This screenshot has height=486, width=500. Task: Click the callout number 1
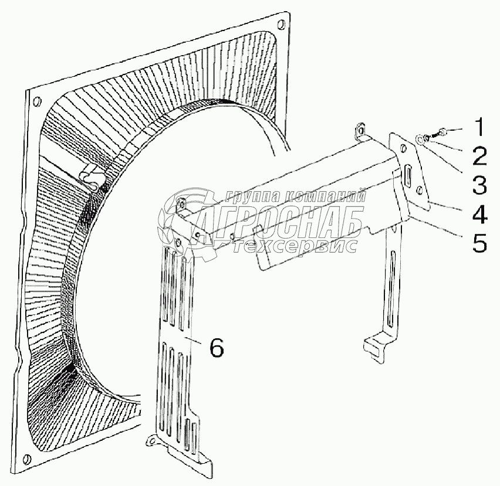tap(479, 127)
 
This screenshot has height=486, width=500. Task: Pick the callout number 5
tap(479, 243)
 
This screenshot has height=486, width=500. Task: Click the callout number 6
tap(216, 348)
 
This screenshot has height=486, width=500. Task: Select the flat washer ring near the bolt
tap(421, 140)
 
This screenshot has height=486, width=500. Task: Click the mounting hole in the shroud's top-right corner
tap(283, 25)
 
